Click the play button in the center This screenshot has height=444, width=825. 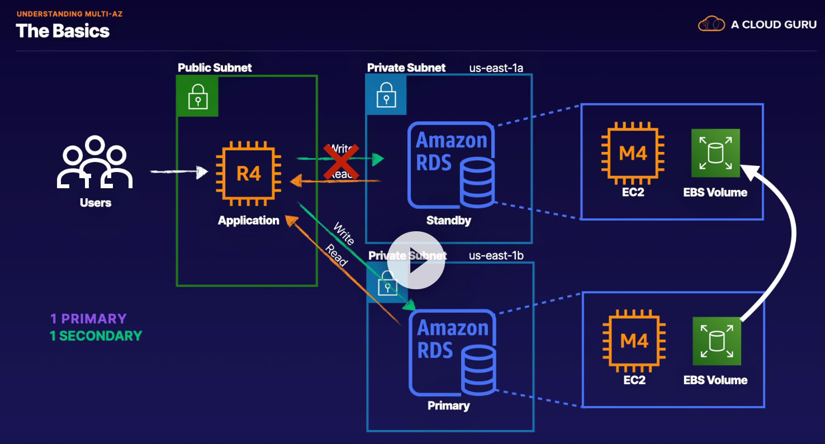pos(416,260)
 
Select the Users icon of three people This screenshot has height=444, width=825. pos(94,163)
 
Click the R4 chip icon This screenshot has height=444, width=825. pos(249,174)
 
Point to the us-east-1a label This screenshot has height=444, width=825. pos(496,68)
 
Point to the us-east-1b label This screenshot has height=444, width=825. pos(496,256)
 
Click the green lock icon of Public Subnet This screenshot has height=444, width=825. pos(197,96)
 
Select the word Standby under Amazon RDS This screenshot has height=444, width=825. pos(448,221)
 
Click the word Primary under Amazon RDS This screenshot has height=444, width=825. pos(448,406)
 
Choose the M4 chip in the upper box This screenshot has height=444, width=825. pos(633,154)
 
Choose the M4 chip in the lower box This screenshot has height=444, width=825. pos(634,341)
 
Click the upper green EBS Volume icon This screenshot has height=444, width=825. pos(715,153)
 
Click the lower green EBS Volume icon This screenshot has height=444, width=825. pos(717,341)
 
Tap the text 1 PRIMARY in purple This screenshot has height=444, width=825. pos(88,319)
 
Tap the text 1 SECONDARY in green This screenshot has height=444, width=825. pos(96,336)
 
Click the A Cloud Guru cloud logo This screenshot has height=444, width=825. pos(711,24)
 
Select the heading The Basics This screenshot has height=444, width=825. pos(63,31)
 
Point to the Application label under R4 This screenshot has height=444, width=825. pos(248,221)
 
